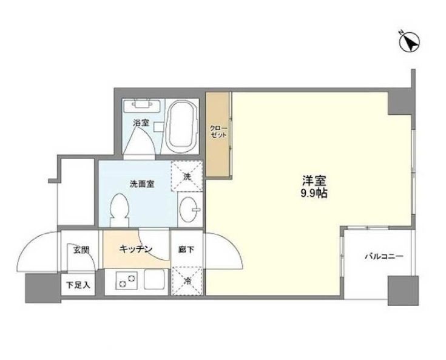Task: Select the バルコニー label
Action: [x=383, y=256]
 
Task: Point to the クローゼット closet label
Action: [x=218, y=132]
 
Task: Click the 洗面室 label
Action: [x=141, y=183]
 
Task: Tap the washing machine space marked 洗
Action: [x=186, y=177]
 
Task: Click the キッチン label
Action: [x=135, y=249]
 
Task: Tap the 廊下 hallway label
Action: [x=185, y=250]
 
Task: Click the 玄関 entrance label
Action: [x=81, y=250]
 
